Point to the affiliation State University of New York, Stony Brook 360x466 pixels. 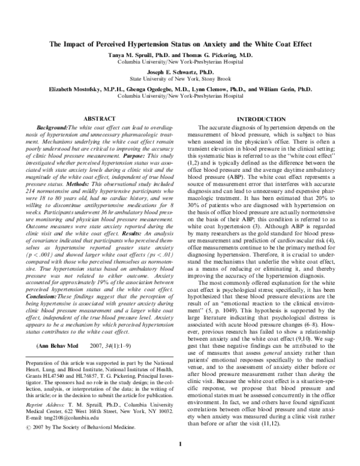(180, 78)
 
